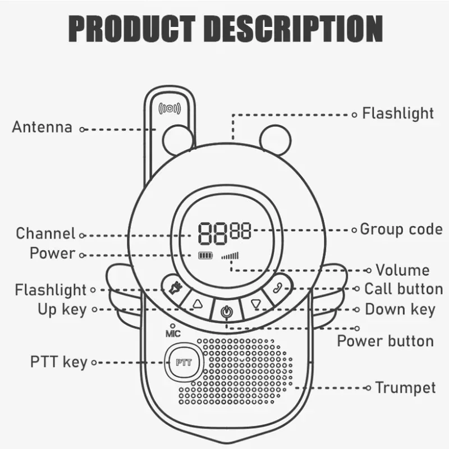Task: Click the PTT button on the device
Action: point(184,362)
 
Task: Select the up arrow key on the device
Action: point(197,304)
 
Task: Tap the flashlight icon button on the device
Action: point(174,289)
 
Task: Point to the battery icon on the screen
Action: point(205,256)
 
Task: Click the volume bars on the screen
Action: point(230,256)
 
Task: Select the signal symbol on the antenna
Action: point(169,108)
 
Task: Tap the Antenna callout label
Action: point(42,127)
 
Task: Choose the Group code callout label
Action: point(401,229)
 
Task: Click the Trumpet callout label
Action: point(405,387)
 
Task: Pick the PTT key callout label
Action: point(59,362)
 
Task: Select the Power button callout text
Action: point(385,341)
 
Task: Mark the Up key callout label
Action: point(62,309)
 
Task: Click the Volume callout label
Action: point(402,270)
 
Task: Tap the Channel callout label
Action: point(45,233)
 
